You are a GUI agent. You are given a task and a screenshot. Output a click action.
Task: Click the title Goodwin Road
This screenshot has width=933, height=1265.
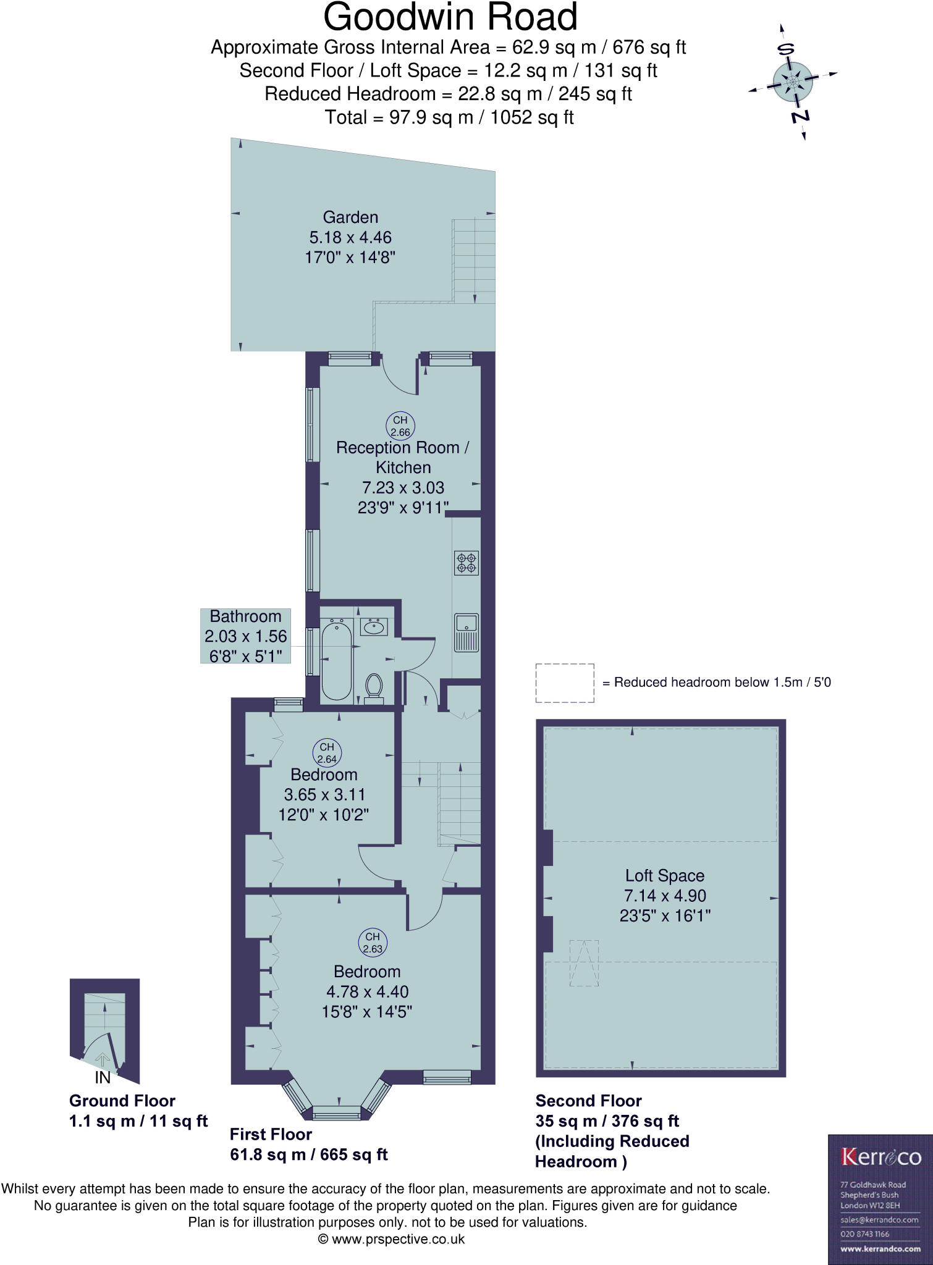coord(450,17)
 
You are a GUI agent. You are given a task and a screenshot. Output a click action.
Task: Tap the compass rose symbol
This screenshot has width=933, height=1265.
coord(793,82)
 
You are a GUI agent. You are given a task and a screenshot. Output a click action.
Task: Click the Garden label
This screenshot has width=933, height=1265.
coord(350,217)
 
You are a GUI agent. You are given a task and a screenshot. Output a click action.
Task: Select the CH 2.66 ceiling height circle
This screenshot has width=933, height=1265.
coord(400,426)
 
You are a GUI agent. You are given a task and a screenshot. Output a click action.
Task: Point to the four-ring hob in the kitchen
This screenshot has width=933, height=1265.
coord(466,563)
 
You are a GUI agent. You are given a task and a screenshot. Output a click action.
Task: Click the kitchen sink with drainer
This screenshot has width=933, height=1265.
coord(466,632)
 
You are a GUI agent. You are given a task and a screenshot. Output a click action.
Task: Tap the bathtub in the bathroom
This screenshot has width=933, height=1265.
coord(337,660)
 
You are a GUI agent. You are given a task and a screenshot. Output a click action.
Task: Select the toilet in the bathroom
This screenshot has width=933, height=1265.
coord(374,687)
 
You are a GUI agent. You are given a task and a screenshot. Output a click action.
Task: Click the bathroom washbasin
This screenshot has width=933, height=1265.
coord(373,627)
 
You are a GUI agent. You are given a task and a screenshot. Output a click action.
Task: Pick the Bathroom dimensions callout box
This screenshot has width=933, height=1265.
coord(245,636)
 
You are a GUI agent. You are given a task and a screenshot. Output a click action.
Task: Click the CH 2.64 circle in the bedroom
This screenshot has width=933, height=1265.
coord(327,752)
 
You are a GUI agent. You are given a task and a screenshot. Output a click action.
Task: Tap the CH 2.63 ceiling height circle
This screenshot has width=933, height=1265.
coord(373,942)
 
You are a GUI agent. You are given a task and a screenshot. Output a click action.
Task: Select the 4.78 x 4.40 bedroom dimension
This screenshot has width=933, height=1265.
coord(367,991)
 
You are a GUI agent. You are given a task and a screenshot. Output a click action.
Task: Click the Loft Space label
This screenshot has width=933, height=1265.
coord(664,875)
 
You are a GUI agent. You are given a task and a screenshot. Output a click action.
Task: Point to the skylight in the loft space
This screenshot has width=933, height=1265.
coord(584,963)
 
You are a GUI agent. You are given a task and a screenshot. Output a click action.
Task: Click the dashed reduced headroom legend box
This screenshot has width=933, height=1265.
coord(565,683)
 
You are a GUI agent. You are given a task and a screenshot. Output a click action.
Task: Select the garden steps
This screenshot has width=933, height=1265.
coord(474,259)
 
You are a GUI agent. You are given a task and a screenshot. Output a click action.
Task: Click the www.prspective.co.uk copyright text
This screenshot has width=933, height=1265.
coord(391,1238)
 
